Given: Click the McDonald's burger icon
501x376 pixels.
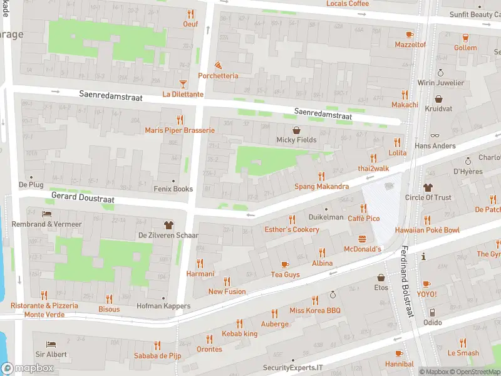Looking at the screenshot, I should click(x=362, y=239).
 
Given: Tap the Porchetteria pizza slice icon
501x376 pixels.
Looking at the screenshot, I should click(x=218, y=65).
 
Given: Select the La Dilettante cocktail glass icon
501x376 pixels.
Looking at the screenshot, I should click(x=183, y=83).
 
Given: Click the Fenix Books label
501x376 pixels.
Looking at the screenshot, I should click(x=173, y=189).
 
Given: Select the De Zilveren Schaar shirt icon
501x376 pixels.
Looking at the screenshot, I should click(x=168, y=224).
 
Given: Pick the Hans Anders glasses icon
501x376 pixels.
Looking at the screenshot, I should click(x=435, y=135).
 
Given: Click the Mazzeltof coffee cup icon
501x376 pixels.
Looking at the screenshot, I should click(x=410, y=34).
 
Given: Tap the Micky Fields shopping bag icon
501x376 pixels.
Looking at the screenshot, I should click(x=296, y=130).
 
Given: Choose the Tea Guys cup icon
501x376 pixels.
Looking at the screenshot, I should click(x=285, y=264).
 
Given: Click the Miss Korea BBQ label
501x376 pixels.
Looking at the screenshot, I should click(x=314, y=311).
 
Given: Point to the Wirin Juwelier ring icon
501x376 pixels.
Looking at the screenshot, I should click(x=441, y=73).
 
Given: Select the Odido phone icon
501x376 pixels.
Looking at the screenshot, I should click(x=432, y=312).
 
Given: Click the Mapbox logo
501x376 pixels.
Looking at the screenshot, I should click(x=28, y=368).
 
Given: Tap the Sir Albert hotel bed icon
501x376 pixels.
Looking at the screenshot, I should click(x=51, y=344).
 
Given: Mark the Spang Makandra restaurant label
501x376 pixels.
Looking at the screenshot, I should click(x=322, y=187).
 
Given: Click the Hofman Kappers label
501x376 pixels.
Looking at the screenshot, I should click(x=163, y=306).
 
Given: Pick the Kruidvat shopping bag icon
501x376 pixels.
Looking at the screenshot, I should click(x=438, y=99).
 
